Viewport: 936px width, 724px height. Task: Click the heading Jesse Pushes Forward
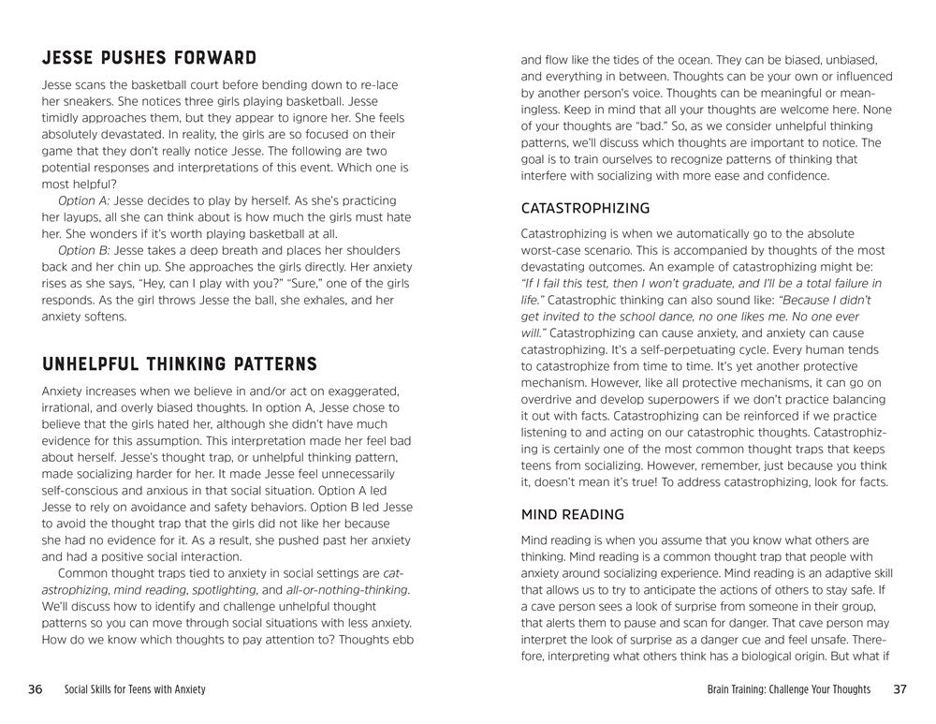[x=149, y=58]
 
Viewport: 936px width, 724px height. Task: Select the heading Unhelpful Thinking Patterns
[x=180, y=363]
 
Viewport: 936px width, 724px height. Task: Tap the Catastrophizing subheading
[x=585, y=208]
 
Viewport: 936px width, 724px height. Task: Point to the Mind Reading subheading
[x=572, y=514]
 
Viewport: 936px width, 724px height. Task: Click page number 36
[x=35, y=689]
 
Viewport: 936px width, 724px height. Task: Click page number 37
[x=900, y=689]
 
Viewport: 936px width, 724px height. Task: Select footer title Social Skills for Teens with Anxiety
[x=135, y=690]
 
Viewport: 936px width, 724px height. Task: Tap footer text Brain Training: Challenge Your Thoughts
[x=789, y=690]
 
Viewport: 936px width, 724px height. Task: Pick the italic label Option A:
[x=83, y=200]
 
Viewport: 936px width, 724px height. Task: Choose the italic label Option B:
[x=84, y=250]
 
